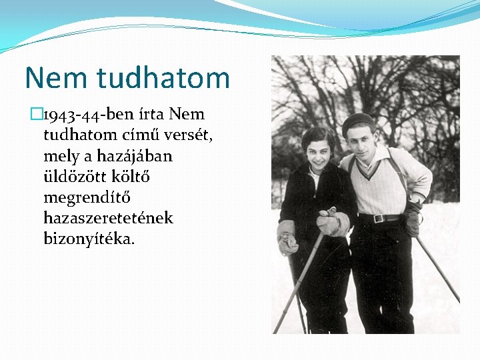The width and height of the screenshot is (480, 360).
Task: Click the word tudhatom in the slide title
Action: [163, 78]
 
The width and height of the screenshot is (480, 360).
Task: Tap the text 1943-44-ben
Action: [89, 115]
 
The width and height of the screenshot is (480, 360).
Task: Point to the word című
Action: [135, 135]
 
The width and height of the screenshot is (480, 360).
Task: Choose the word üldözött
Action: [75, 177]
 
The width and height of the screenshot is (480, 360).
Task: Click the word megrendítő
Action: [91, 197]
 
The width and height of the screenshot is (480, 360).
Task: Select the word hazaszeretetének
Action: [108, 218]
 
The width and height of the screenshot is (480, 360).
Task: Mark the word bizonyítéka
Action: [89, 239]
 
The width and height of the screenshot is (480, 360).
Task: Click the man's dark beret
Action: [358, 121]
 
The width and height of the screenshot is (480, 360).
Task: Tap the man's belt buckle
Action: [378, 218]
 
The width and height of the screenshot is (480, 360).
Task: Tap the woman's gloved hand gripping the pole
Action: [328, 223]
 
